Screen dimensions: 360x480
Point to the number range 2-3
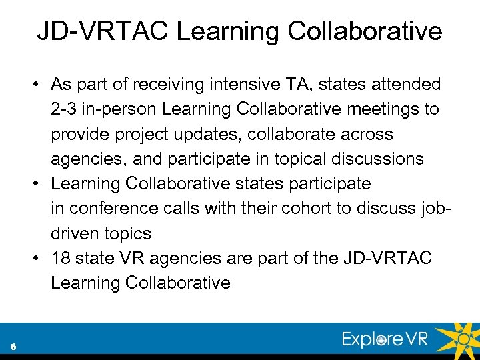(x=65, y=109)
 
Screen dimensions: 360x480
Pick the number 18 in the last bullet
(x=61, y=258)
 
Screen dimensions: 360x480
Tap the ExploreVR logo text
(x=385, y=340)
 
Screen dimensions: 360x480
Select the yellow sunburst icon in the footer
(x=462, y=338)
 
